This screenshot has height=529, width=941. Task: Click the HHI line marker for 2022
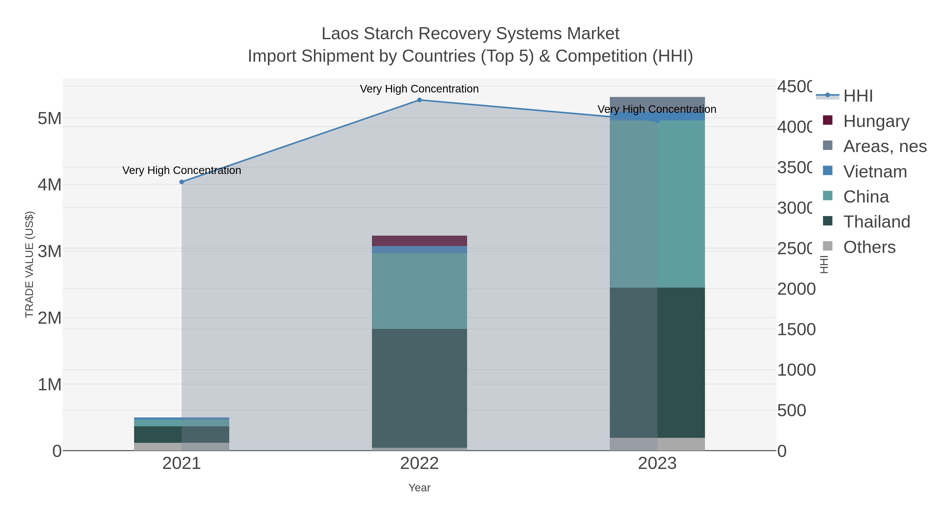pyautogui.click(x=419, y=100)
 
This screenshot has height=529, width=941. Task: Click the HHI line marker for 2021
pyautogui.click(x=182, y=182)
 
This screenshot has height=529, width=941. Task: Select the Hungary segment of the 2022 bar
pyautogui.click(x=419, y=241)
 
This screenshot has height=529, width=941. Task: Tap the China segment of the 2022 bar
pyautogui.click(x=419, y=291)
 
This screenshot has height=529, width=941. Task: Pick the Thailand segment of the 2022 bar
pyautogui.click(x=419, y=388)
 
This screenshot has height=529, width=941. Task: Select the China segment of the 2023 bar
pyautogui.click(x=657, y=205)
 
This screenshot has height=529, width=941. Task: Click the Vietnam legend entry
pyautogui.click(x=875, y=172)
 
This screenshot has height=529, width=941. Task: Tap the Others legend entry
pyautogui.click(x=869, y=247)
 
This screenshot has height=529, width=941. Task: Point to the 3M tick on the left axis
pyautogui.click(x=50, y=251)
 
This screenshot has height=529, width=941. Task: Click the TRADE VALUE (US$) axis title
pyautogui.click(x=29, y=264)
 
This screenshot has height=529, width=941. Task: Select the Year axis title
pyautogui.click(x=419, y=488)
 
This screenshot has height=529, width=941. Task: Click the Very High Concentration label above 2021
pyautogui.click(x=182, y=171)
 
